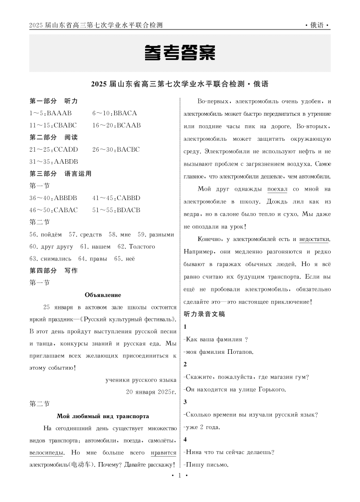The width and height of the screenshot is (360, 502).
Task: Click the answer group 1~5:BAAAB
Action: pyautogui.click(x=51, y=113)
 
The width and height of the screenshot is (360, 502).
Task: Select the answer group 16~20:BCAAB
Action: pyautogui.click(x=117, y=125)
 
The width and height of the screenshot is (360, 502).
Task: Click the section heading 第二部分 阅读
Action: pyautogui.click(x=54, y=137)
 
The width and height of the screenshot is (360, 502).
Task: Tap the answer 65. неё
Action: pyautogui.click(x=124, y=258)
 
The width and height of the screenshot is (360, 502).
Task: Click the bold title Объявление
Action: pyautogui.click(x=103, y=295)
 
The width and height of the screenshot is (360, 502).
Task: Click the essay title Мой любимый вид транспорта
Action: pyautogui.click(x=103, y=416)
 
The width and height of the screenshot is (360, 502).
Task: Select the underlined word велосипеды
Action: pyautogui.click(x=47, y=453)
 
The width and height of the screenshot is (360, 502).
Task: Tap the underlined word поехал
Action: pyautogui.click(x=277, y=190)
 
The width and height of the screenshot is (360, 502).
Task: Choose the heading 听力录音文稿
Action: pyautogui.click(x=205, y=314)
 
